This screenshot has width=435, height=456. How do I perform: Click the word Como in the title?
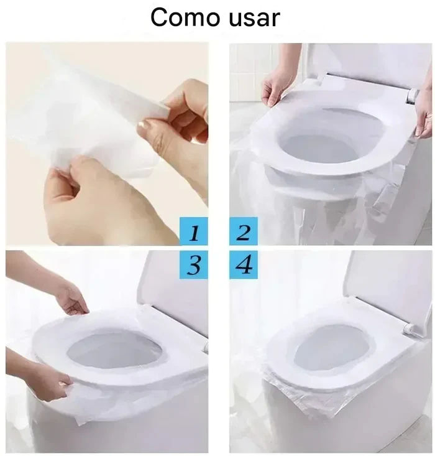(185, 17)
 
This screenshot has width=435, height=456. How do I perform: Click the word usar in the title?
(255, 19)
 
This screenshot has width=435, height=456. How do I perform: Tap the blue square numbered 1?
(194, 231)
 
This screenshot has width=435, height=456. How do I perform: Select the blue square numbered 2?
(244, 231)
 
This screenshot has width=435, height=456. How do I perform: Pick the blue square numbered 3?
(194, 264)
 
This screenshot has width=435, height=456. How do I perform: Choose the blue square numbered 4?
(244, 264)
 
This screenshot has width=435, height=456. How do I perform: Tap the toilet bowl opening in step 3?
(115, 352)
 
